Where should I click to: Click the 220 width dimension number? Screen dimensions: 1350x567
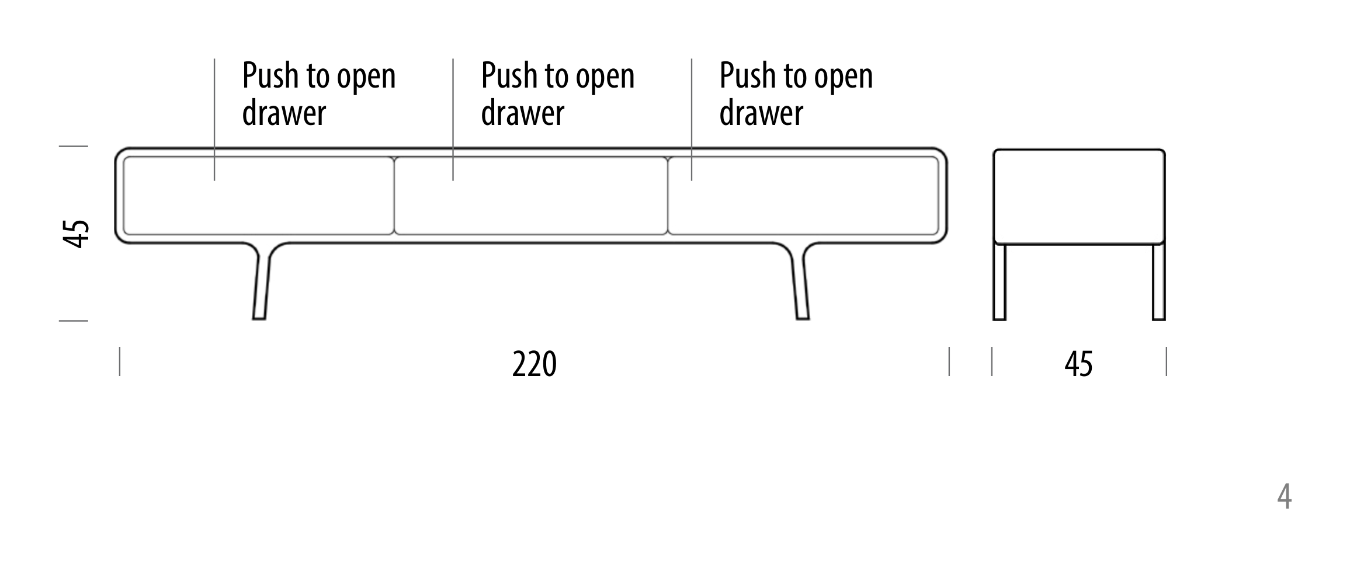534,364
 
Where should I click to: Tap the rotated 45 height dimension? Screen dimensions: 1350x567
77,234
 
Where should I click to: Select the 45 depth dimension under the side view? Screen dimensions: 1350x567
1078,364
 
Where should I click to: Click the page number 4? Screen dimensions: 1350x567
1284,497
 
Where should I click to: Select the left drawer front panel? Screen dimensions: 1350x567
259,196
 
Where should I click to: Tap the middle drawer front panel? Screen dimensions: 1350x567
531,196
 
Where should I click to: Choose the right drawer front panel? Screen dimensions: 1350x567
803,196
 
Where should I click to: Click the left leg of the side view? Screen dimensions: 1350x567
1000,282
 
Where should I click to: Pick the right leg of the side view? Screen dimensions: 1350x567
1159,282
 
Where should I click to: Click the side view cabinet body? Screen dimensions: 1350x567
1080,196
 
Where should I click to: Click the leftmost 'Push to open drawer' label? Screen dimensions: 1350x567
319,93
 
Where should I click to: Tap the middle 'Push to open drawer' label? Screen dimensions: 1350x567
558,93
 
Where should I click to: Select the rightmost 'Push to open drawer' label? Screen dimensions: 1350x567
796,93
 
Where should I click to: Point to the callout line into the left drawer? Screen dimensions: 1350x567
214,119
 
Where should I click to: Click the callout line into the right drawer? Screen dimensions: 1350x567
692,119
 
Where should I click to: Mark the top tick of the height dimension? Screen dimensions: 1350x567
74,146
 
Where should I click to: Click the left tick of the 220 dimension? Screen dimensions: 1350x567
120,361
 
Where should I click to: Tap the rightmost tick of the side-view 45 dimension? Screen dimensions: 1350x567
1167,361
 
